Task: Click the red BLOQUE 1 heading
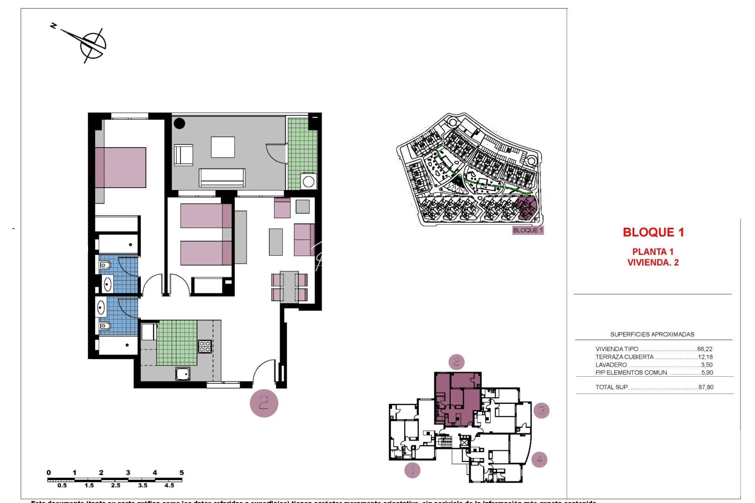pyautogui.click(x=653, y=232)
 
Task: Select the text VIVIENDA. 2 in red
pyautogui.click(x=652, y=263)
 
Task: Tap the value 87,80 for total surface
pyautogui.click(x=706, y=387)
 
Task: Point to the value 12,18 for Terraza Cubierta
pyautogui.click(x=705, y=357)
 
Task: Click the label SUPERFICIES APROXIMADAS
pyautogui.click(x=652, y=334)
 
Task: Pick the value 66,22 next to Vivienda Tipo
pyautogui.click(x=705, y=349)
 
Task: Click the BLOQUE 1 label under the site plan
pyautogui.click(x=528, y=230)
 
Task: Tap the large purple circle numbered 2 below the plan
pyautogui.click(x=264, y=403)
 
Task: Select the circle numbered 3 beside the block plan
pyautogui.click(x=541, y=410)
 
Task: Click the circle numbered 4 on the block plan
pyautogui.click(x=539, y=459)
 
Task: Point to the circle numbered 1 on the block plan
pyautogui.click(x=412, y=469)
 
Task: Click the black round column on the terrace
pyautogui.click(x=179, y=123)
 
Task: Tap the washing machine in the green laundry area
pyautogui.click(x=308, y=181)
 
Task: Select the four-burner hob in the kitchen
pyautogui.click(x=205, y=346)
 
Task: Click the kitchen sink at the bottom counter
pyautogui.click(x=183, y=373)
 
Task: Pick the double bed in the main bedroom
pyautogui.click(x=121, y=168)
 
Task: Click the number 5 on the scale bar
pyautogui.click(x=181, y=473)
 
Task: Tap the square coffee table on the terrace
pyautogui.click(x=223, y=147)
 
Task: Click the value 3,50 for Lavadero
pyautogui.click(x=706, y=365)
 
